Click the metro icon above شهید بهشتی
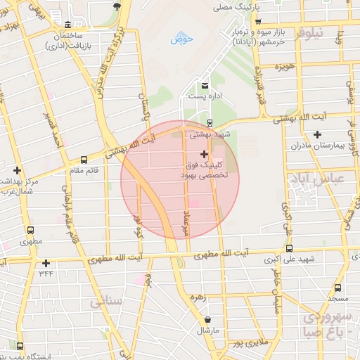click(x=191, y=124)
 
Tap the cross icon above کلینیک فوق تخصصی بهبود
click(x=204, y=154)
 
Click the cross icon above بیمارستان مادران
click(x=317, y=134)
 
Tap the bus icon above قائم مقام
click(x=84, y=160)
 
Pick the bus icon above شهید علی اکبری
click(x=289, y=249)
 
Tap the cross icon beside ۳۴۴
click(x=46, y=263)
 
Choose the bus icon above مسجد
click(x=338, y=288)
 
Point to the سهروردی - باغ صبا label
click(x=326, y=324)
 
